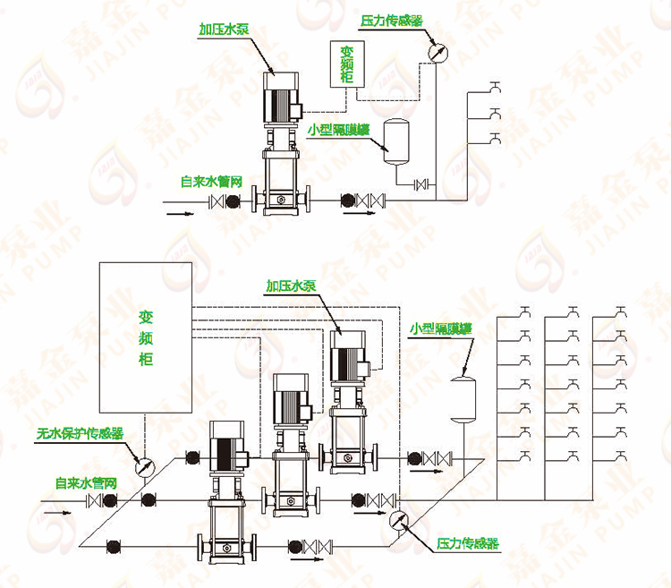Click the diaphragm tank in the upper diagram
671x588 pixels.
click(x=395, y=141)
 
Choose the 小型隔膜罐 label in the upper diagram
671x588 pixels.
click(x=339, y=129)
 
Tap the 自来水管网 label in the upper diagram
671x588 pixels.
click(x=211, y=181)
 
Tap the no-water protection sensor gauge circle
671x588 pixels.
click(x=143, y=466)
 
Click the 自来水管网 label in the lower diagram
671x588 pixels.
click(x=86, y=483)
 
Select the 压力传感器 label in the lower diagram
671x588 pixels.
click(x=467, y=544)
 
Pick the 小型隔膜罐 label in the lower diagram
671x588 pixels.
click(x=442, y=328)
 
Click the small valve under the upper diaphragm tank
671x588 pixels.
click(x=421, y=185)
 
